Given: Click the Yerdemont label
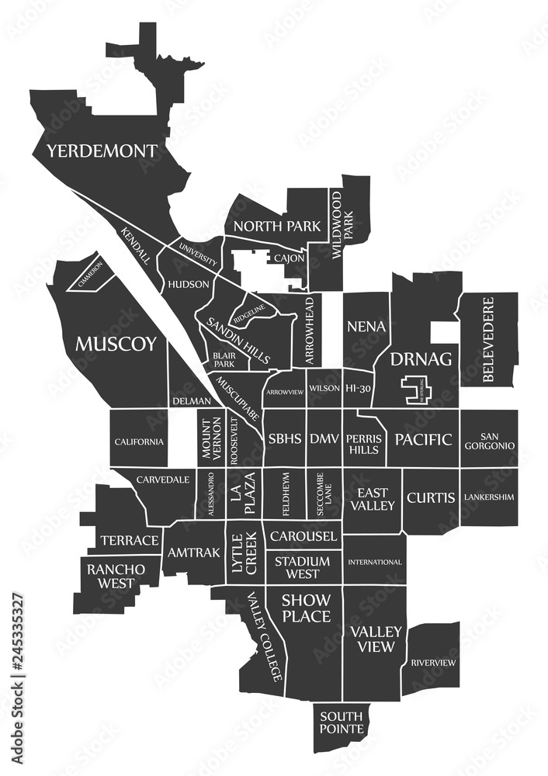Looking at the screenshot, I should point(101,151).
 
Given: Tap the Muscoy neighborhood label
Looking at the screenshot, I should point(116,344).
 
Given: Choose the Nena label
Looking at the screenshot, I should point(366,326).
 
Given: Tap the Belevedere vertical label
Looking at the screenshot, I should point(487,339).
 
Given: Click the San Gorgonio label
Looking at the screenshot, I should point(489,440).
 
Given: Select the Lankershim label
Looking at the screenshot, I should point(489,497).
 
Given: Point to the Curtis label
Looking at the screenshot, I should point(431,497).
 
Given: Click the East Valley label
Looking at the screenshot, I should point(373,499).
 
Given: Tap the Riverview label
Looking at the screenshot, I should point(433,662).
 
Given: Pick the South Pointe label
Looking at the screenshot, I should point(342,722).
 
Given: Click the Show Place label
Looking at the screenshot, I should point(306,608).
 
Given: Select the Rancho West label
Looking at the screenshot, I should point(116,576).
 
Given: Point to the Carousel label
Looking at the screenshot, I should point(303,535).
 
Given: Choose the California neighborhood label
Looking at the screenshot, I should point(140,442).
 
